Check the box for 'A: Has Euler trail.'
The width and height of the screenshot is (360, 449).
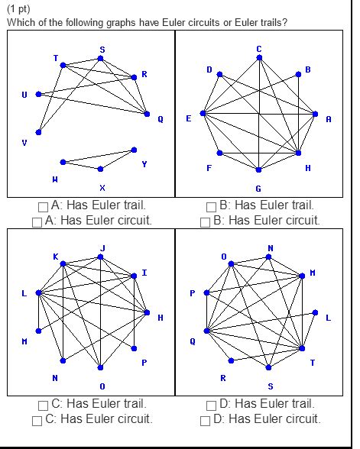(x=44, y=206)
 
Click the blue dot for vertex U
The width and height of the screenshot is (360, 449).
(x=38, y=94)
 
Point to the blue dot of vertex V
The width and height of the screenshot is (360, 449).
(x=38, y=132)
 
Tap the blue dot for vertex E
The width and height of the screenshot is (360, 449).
(x=203, y=113)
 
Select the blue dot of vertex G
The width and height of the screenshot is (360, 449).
(x=258, y=170)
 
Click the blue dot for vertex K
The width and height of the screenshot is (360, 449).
(x=63, y=263)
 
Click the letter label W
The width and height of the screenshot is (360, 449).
(x=55, y=179)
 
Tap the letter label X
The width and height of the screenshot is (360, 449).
(x=102, y=187)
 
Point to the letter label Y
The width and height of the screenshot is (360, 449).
(x=144, y=164)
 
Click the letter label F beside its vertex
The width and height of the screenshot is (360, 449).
(x=209, y=168)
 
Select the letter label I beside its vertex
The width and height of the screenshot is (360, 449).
(x=144, y=273)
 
